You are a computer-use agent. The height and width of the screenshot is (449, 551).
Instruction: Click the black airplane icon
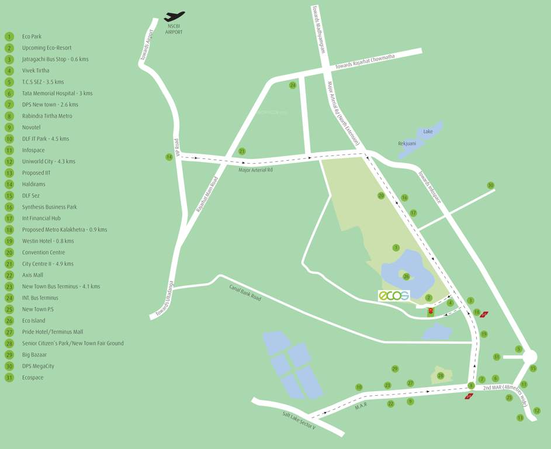[x=174, y=16]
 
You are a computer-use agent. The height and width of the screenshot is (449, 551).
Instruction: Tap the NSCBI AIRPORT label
[x=174, y=29]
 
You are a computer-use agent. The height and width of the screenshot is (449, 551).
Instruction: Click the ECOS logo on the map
[x=393, y=295]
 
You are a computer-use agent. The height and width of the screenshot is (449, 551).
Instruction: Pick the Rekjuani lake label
[x=407, y=143]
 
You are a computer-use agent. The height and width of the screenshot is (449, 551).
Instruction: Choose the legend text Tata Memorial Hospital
[x=57, y=94]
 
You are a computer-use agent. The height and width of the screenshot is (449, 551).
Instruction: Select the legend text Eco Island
[x=33, y=321]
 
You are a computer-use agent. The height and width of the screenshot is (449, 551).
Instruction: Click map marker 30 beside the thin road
[x=491, y=185]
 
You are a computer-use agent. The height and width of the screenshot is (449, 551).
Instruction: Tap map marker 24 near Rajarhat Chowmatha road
[x=293, y=85]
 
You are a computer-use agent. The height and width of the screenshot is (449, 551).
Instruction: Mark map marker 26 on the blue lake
[x=406, y=277]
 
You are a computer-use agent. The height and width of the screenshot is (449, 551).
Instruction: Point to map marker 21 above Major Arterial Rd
[x=242, y=151]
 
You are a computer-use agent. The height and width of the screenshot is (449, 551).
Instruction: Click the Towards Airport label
[x=148, y=45]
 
